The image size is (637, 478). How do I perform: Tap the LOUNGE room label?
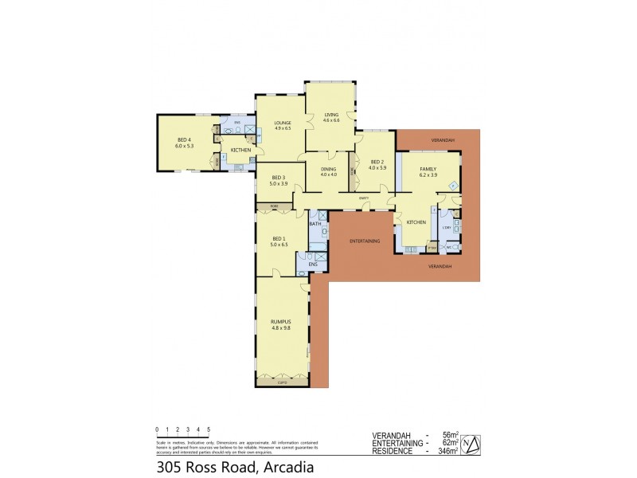pos(283,123)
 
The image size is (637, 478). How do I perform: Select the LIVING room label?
pos(331,116)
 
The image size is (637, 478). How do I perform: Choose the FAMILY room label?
pos(428,169)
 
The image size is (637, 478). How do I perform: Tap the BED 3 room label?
pos(278,178)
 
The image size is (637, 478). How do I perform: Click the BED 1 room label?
pos(278,238)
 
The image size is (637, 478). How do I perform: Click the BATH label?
pos(315,224)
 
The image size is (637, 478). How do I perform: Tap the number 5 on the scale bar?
pos(209,429)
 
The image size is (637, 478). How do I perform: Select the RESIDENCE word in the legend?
pos(393,452)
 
